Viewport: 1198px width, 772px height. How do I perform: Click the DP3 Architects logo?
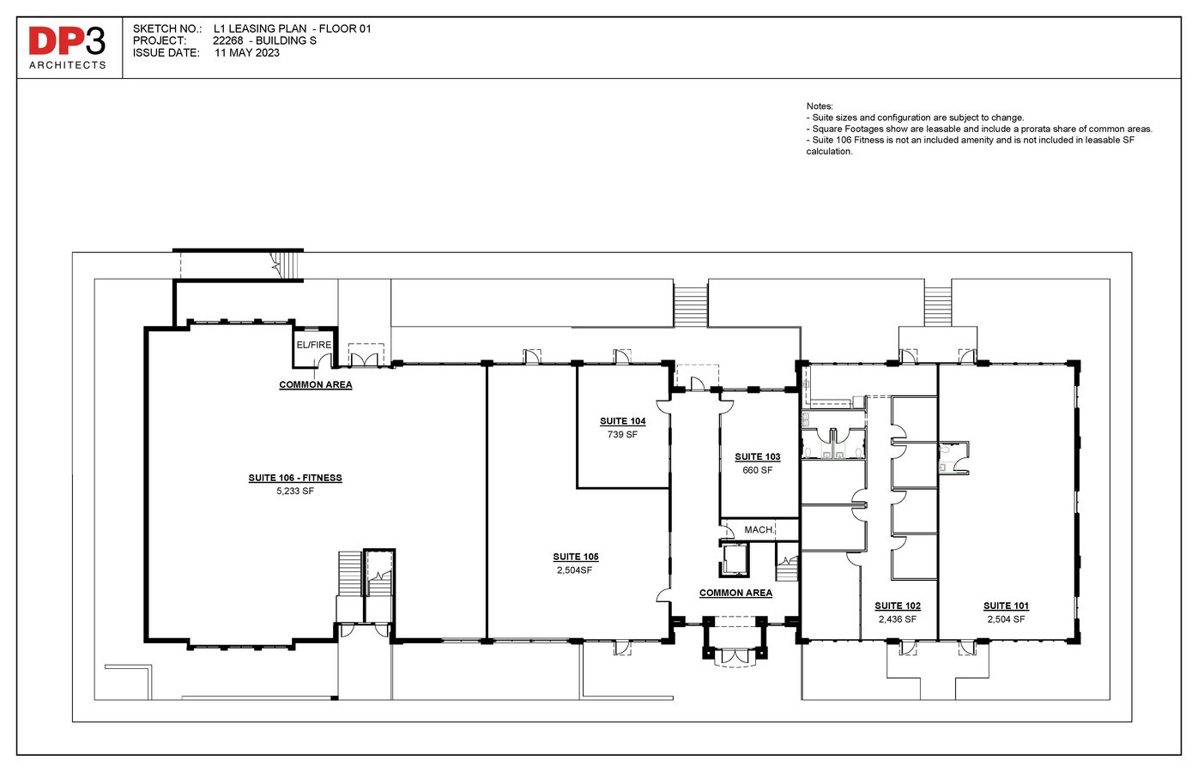pos(68,47)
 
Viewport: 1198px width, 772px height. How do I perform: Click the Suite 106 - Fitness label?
pos(295,478)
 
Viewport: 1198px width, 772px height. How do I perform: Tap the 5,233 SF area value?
pos(295,492)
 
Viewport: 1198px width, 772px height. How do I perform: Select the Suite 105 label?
pos(576,557)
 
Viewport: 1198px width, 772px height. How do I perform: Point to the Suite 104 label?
pos(622,421)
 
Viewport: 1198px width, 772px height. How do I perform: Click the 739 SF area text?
pos(622,435)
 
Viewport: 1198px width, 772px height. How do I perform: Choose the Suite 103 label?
pos(758,456)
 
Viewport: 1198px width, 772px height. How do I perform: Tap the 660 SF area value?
pos(758,470)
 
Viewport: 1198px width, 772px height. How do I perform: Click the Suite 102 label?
pos(898,606)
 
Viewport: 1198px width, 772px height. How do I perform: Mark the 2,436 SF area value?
pos(898,619)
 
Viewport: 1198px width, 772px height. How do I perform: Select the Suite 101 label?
pos(1006,606)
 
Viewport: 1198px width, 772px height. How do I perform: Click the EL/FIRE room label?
pos(314,345)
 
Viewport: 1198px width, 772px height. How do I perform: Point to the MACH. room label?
pos(759,530)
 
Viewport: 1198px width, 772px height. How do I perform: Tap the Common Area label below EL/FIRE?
pos(316,384)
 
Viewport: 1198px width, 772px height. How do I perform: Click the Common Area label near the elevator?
pos(735,593)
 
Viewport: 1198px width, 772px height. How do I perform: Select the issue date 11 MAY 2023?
pos(247,52)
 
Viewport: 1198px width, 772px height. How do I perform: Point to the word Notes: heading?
pos(820,106)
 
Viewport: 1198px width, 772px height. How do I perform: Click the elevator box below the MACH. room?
pos(735,559)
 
